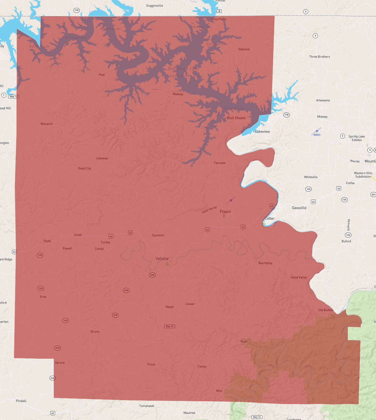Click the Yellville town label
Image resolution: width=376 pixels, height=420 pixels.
pyautogui.click(x=162, y=259)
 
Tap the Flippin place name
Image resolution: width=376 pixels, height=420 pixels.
pyautogui.click(x=225, y=212)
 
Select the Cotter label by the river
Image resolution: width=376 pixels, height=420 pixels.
pyautogui.click(x=269, y=218)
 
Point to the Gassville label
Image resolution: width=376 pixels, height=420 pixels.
pyautogui.click(x=299, y=208)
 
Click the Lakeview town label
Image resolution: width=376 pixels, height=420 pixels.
pyautogui.click(x=262, y=131)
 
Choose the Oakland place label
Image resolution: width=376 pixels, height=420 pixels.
pyautogui.click(x=244, y=49)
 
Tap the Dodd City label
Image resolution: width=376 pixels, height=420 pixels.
pyautogui.click(x=84, y=168)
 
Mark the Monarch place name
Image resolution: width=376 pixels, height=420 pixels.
pyautogui.click(x=47, y=124)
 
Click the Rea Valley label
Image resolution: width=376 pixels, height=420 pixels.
pyautogui.click(x=265, y=263)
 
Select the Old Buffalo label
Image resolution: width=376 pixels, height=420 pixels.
pyautogui.click(x=326, y=310)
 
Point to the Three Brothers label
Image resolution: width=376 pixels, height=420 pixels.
pyautogui.click(x=319, y=57)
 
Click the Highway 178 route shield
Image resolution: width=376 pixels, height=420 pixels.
pyautogui.click(x=287, y=115)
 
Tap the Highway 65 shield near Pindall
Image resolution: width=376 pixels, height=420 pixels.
pyautogui.click(x=53, y=413)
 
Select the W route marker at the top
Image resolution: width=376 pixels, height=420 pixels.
pyautogui.click(x=219, y=11)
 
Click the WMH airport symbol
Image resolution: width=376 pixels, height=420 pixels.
pyautogui.click(x=317, y=131)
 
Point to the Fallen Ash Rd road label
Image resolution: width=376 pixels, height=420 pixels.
pyautogui.click(x=209, y=210)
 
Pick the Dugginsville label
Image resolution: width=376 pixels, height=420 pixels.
pyautogui.click(x=155, y=6)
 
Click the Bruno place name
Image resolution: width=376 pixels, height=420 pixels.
pyautogui.click(x=95, y=332)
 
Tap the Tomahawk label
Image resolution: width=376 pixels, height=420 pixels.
pyautogui.click(x=147, y=406)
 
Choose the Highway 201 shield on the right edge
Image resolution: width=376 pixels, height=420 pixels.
pyautogui.click(x=373, y=194)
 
